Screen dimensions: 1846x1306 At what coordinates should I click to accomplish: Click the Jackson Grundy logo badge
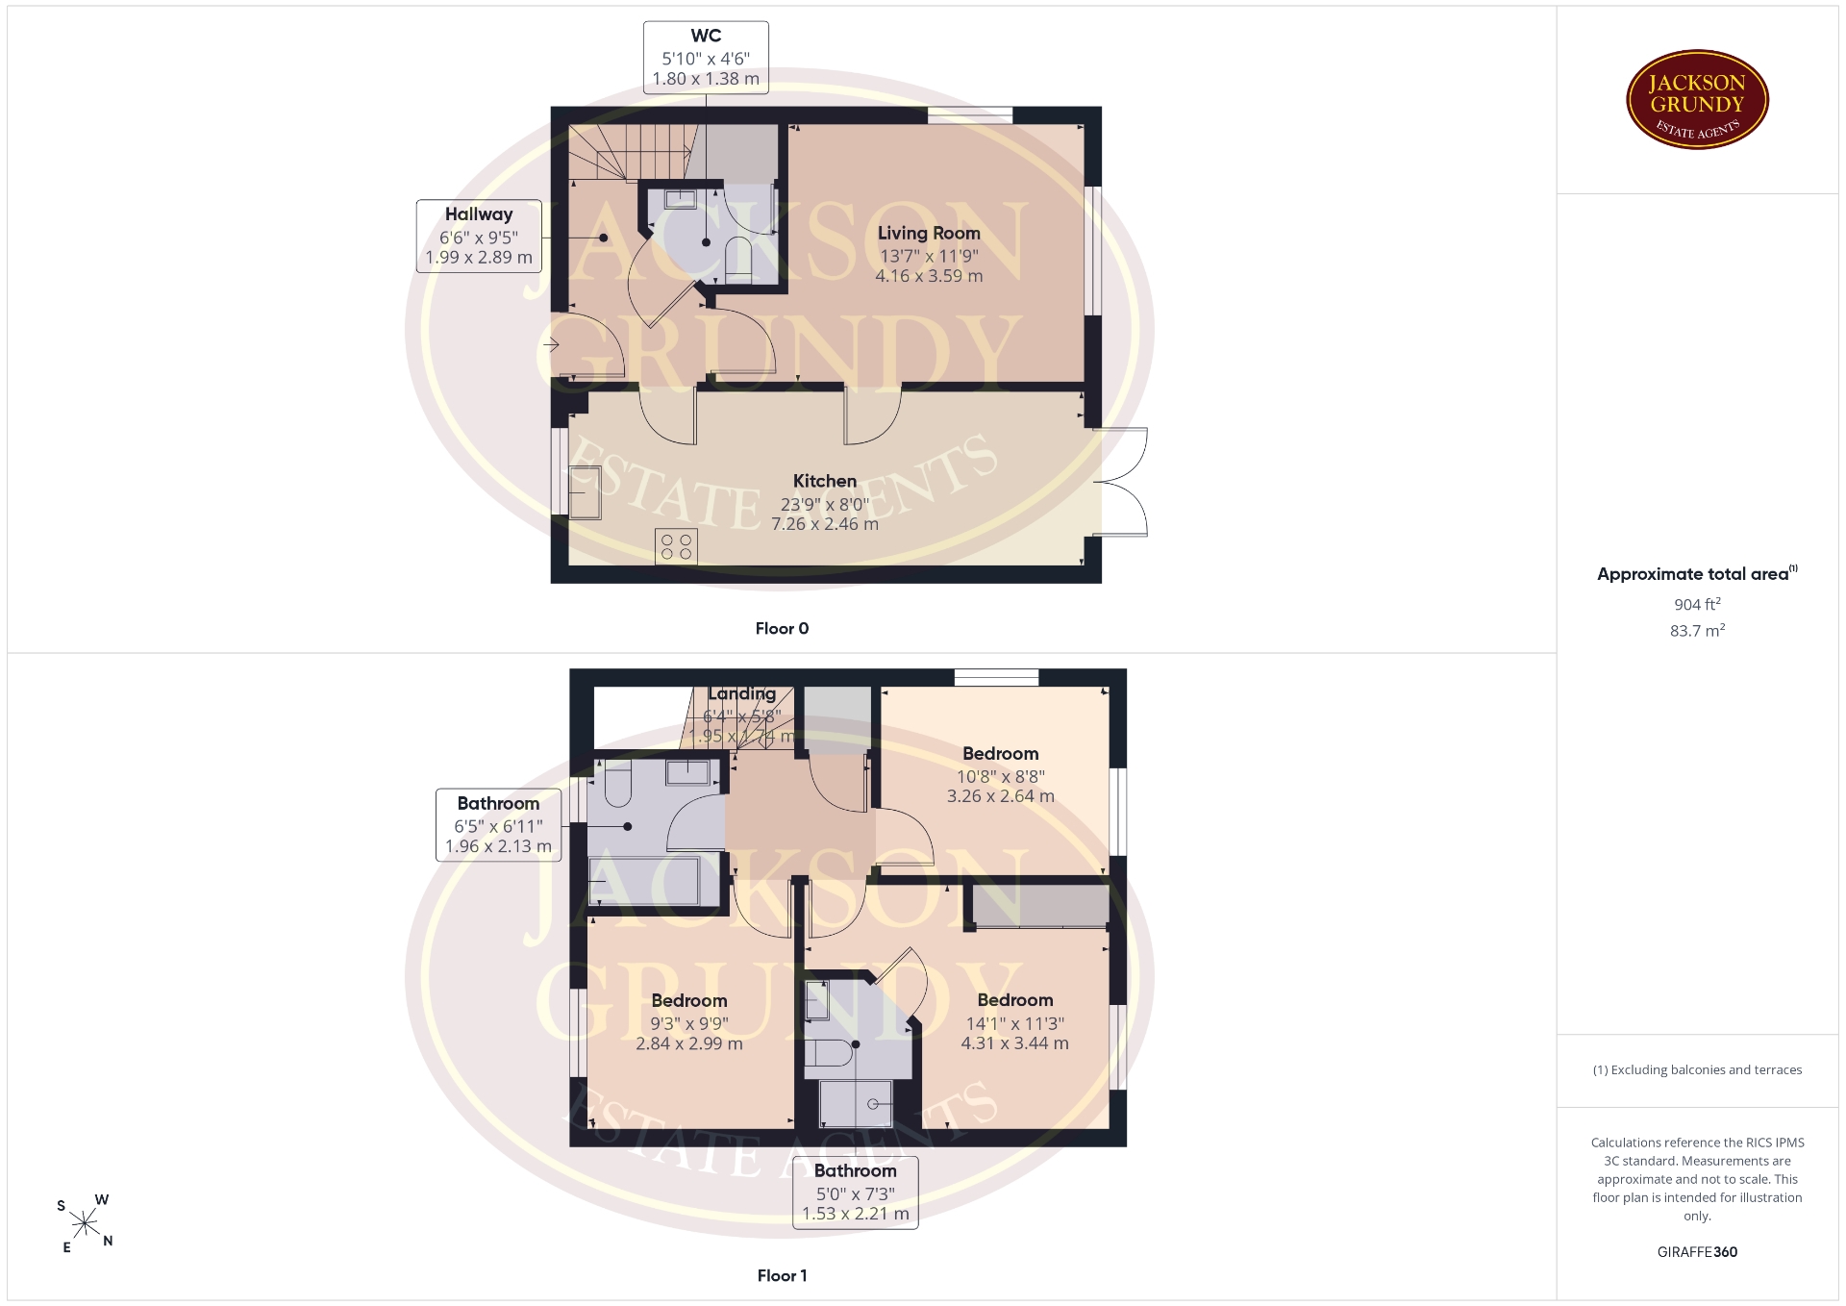pyautogui.click(x=1697, y=100)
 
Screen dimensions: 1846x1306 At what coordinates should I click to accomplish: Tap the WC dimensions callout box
pyautogui.click(x=706, y=58)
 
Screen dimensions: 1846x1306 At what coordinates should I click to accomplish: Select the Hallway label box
pyautogui.click(x=479, y=236)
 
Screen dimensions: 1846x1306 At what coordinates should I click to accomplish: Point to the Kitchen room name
pyautogui.click(x=825, y=481)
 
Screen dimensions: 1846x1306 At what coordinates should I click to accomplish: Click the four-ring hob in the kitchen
pyautogui.click(x=676, y=546)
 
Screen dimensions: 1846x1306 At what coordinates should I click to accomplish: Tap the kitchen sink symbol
pyautogui.click(x=584, y=491)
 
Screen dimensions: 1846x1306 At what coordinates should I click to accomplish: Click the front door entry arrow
pyautogui.click(x=552, y=344)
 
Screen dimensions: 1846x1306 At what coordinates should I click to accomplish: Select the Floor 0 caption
pyautogui.click(x=782, y=628)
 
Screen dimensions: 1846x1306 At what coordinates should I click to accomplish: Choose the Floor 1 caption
pyautogui.click(x=782, y=1275)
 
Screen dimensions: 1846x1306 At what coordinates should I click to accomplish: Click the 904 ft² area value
pyautogui.click(x=1697, y=604)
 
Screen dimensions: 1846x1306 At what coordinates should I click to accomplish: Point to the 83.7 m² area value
pyautogui.click(x=1697, y=630)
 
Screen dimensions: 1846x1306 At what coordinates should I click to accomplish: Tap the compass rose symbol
pyautogui.click(x=85, y=1223)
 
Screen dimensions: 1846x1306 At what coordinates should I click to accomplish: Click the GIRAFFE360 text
pyautogui.click(x=1697, y=1251)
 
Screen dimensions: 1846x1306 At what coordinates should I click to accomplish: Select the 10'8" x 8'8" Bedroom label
pyautogui.click(x=1001, y=775)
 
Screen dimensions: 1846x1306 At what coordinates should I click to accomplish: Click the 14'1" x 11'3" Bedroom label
pyautogui.click(x=1015, y=1022)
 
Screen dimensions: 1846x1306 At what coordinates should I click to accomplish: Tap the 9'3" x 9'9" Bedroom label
pyautogui.click(x=689, y=1022)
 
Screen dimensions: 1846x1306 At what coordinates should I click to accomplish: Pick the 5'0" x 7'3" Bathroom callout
pyautogui.click(x=856, y=1193)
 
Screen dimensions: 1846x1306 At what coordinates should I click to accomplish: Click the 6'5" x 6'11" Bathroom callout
pyautogui.click(x=498, y=824)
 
